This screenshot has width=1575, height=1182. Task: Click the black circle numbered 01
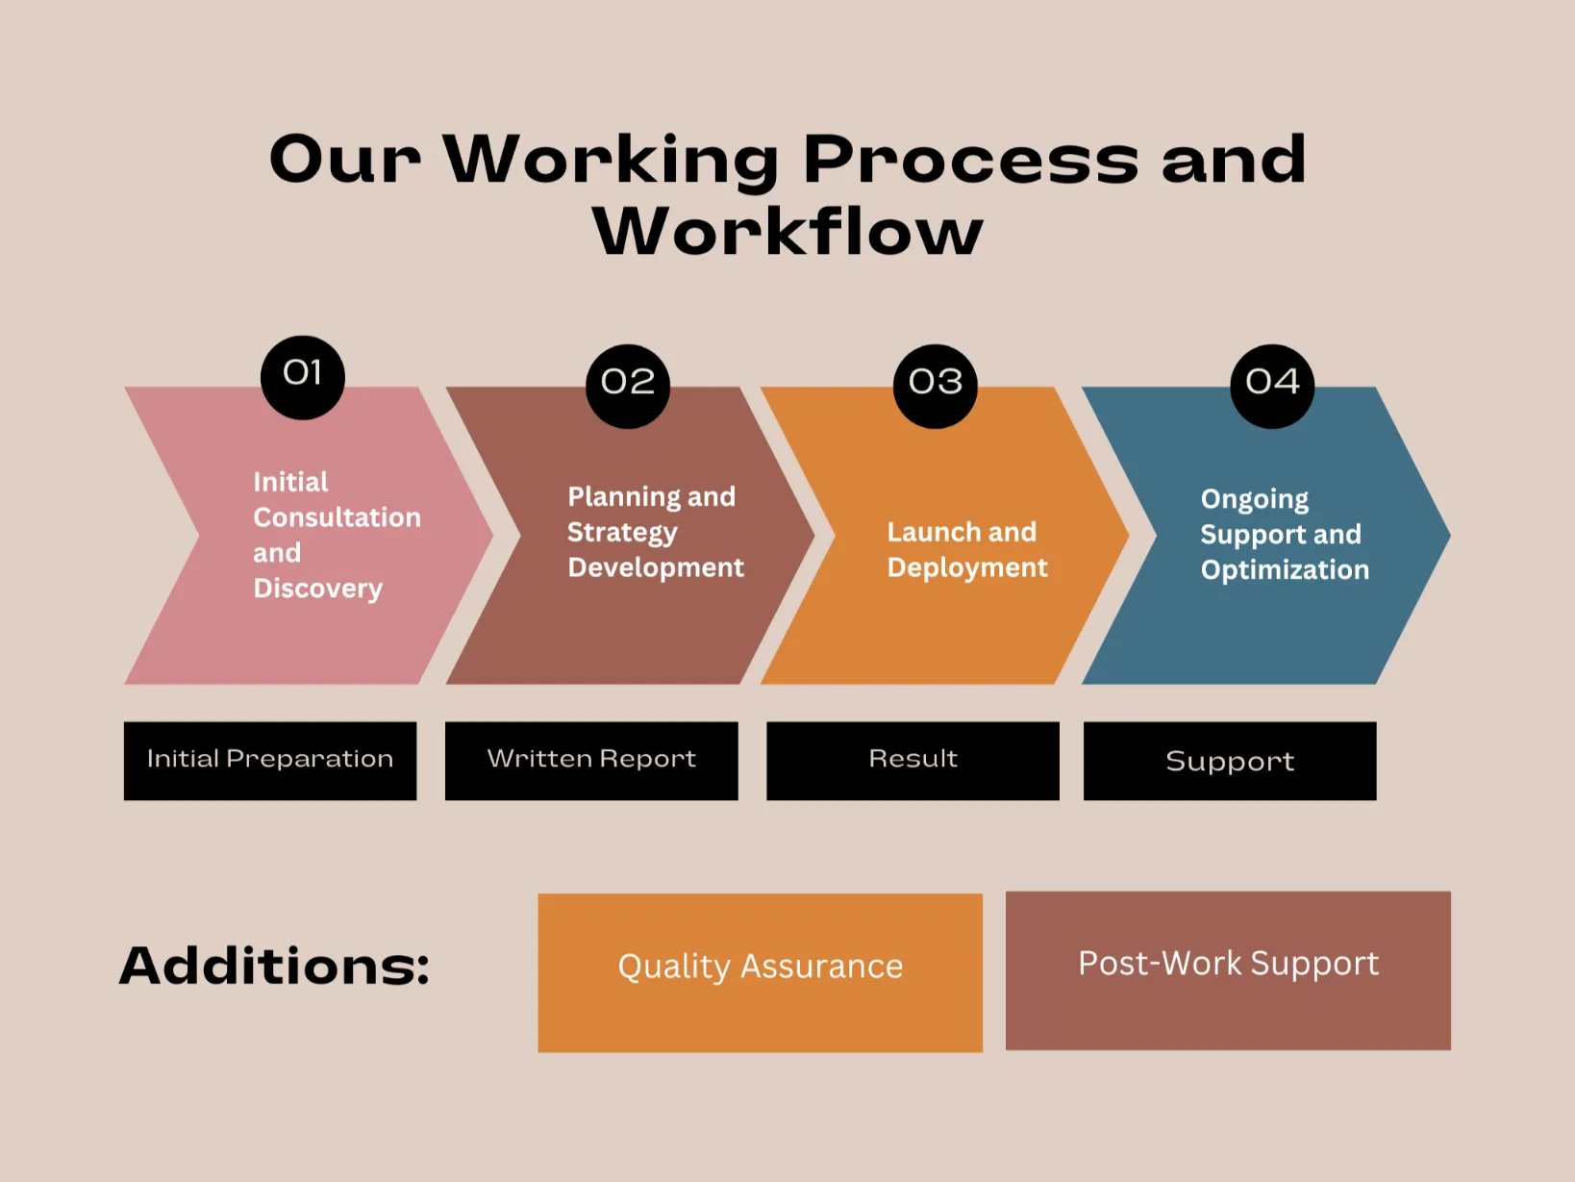point(302,377)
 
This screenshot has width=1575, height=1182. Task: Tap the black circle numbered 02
point(628,386)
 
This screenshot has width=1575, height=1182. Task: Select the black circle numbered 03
point(935,386)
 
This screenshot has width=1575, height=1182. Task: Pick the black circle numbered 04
point(1272,386)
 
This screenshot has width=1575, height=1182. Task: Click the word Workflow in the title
point(787,231)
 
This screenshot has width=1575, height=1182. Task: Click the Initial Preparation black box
point(270,761)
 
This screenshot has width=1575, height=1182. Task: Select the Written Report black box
point(591,761)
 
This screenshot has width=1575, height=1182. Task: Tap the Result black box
point(912,761)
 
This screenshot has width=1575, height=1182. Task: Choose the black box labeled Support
point(1230,761)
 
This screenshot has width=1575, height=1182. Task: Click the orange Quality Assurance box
point(760,972)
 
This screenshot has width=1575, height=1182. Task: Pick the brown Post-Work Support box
point(1228,970)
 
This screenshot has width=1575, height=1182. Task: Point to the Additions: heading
point(274,966)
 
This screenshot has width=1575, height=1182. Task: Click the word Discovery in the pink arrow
point(318,590)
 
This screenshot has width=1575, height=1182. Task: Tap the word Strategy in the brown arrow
point(622,533)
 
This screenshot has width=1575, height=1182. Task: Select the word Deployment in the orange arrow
point(967,568)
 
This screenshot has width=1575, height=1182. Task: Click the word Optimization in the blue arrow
point(1285,570)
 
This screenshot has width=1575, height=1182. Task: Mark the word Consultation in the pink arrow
point(337,517)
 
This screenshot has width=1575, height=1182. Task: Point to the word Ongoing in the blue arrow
point(1254,499)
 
